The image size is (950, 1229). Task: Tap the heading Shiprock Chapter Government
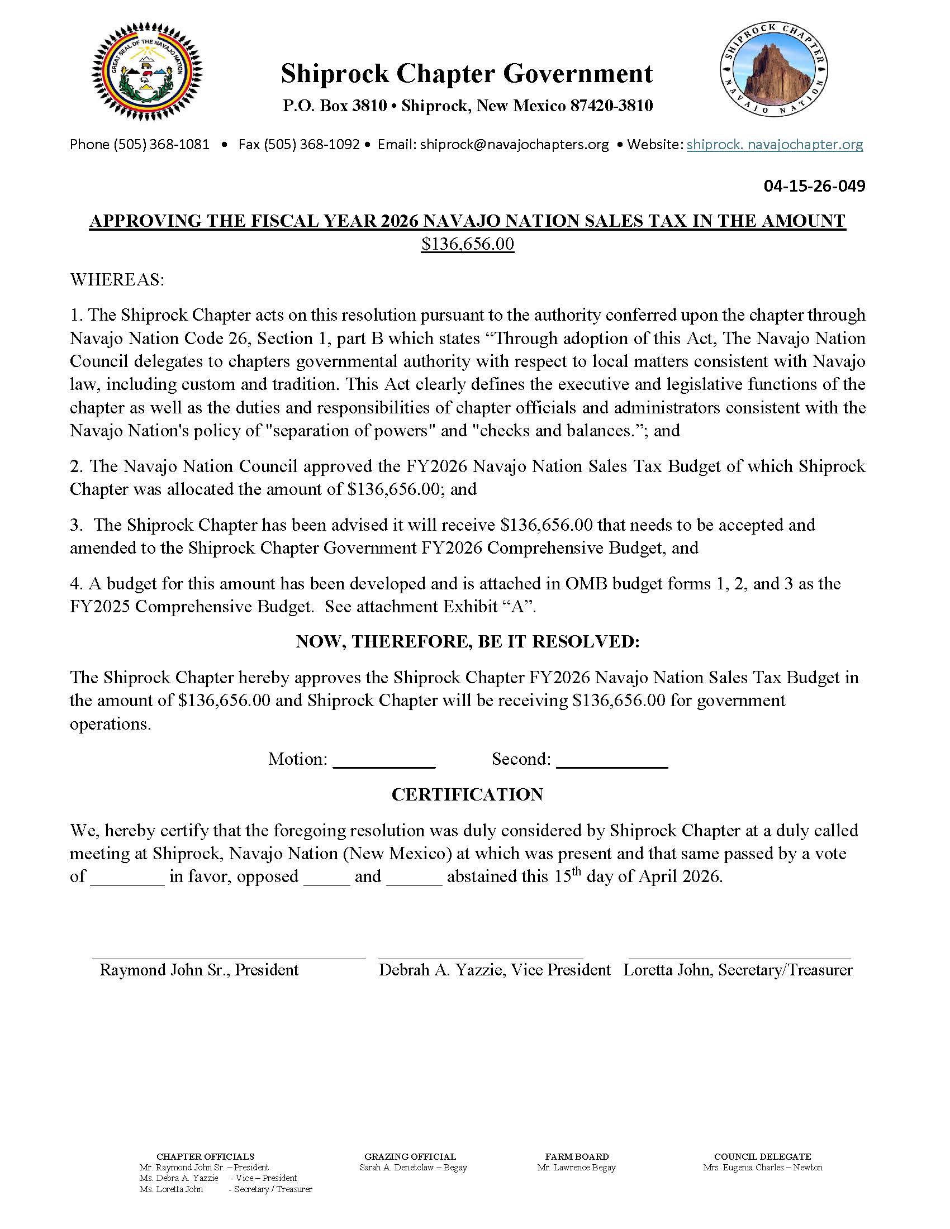click(467, 74)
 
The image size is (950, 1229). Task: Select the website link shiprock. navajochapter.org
click(775, 145)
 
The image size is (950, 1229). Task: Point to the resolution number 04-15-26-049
click(814, 185)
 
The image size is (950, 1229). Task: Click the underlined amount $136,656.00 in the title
click(467, 244)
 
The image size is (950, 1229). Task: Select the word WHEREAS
click(117, 280)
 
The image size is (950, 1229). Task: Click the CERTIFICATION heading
click(467, 794)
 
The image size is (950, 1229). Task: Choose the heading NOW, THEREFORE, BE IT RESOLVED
click(467, 641)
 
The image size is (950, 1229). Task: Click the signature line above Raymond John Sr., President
click(229, 956)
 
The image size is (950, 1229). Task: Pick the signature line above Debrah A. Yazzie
click(481, 956)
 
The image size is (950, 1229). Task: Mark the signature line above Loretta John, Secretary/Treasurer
click(739, 956)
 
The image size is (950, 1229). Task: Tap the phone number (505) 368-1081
click(161, 145)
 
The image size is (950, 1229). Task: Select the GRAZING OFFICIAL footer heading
click(410, 1152)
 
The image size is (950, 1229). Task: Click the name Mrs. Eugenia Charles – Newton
click(763, 1163)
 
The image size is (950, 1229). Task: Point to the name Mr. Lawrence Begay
click(576, 1163)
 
